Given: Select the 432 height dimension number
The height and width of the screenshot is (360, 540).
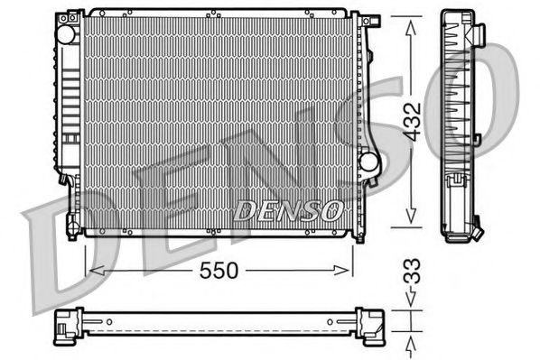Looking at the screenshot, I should coord(412,120).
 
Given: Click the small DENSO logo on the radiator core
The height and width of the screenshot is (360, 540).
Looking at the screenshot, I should coord(288,212).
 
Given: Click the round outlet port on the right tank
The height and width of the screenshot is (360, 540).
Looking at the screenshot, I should coord(368,162).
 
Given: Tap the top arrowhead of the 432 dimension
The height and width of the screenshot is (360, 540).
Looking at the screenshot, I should coord(411,20).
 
